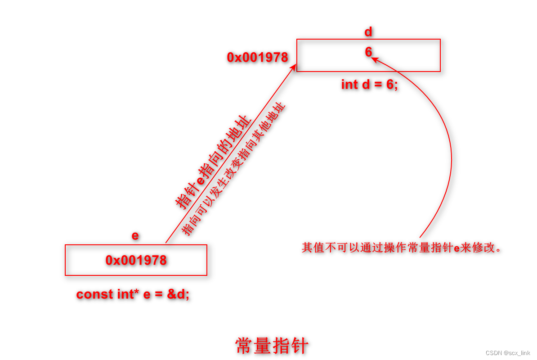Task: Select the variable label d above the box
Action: tap(368, 32)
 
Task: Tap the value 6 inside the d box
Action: tap(368, 52)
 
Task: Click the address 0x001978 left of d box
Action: tap(257, 58)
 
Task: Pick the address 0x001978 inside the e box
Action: tap(136, 260)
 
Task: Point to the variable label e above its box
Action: tap(135, 235)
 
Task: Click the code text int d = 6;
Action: tap(369, 85)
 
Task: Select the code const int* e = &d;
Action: tap(133, 294)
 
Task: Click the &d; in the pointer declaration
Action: tap(179, 294)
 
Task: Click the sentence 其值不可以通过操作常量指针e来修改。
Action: tap(401, 247)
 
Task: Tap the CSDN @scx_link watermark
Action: tap(508, 353)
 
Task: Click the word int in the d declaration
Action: tap(349, 85)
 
